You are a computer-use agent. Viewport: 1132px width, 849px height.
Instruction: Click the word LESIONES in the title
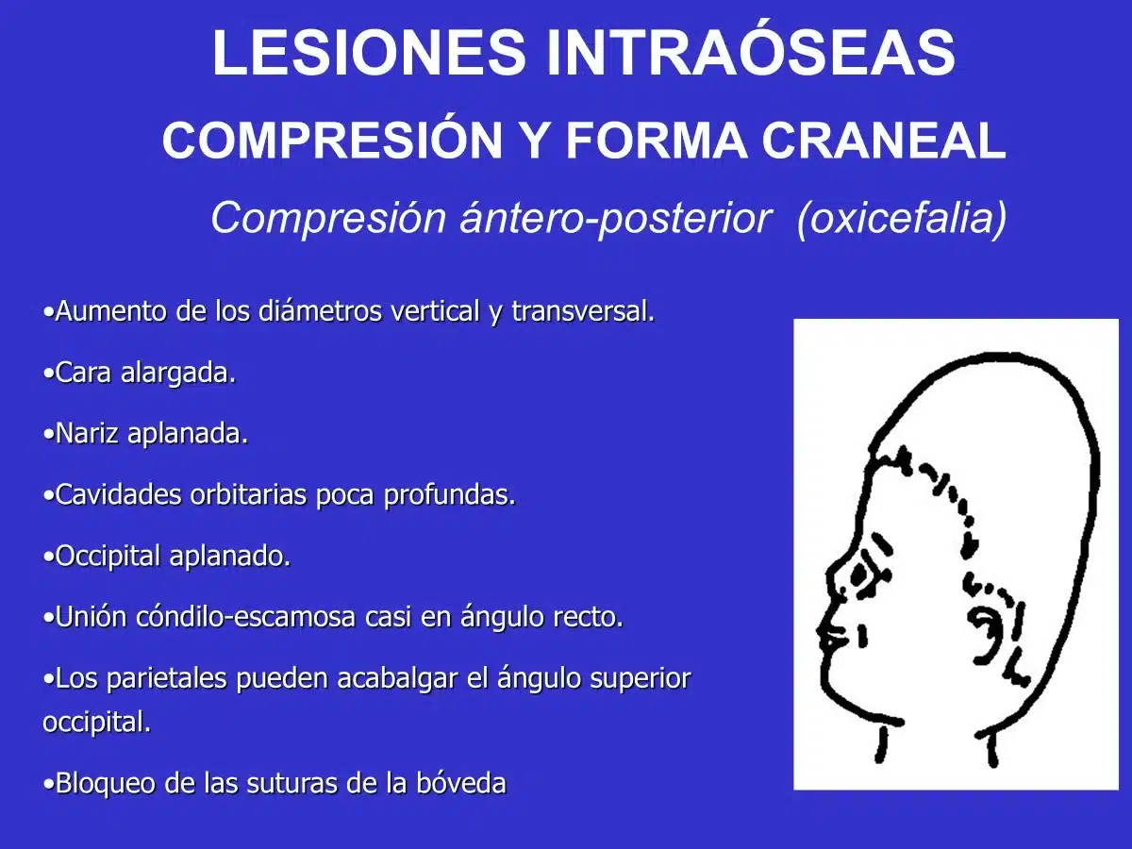pos(368,53)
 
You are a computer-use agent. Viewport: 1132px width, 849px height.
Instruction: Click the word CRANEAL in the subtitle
pos(884,141)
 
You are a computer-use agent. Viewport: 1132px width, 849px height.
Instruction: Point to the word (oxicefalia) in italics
pos(902,219)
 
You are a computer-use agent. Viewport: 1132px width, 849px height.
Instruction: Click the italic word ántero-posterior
pos(616,219)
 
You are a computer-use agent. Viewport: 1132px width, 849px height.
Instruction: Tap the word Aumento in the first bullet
pos(110,311)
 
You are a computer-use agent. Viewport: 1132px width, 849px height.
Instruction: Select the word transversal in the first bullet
pos(583,311)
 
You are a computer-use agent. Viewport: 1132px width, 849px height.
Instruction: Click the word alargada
pos(178,374)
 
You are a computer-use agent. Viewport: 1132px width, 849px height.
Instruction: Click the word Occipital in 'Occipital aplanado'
pos(108,557)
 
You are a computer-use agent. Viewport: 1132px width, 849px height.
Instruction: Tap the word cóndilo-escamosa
pos(245,617)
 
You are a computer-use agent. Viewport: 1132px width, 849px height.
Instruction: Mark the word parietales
pos(166,679)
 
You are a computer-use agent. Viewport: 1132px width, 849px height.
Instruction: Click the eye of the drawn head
pos(860,574)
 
